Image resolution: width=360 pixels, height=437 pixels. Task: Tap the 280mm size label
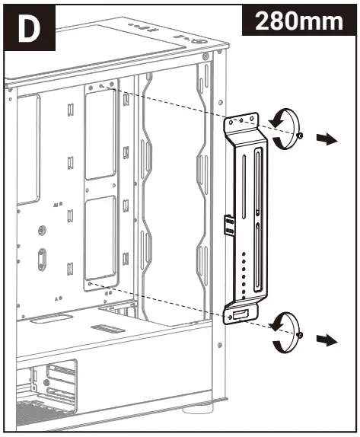(x=298, y=21)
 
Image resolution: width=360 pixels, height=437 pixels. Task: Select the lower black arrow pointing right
(x=327, y=340)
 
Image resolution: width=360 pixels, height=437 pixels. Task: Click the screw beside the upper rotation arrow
(x=303, y=136)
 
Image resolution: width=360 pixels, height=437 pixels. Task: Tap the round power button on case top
(x=196, y=43)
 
